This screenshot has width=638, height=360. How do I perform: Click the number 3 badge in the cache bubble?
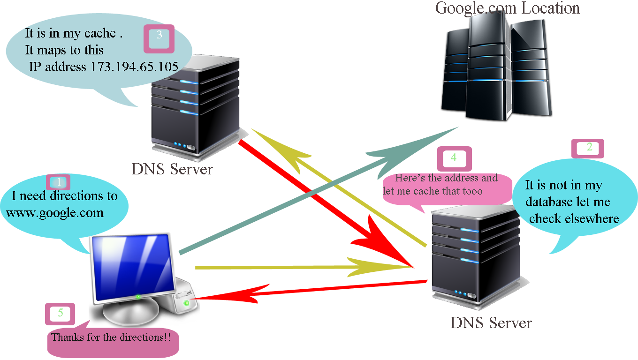point(159,36)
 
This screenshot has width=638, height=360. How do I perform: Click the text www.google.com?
point(54,213)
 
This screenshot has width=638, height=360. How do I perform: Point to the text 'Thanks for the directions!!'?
point(111,337)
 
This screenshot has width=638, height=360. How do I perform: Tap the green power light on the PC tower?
point(187,304)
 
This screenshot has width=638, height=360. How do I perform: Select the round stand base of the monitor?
point(131,313)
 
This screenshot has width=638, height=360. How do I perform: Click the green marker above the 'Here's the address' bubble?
point(454,158)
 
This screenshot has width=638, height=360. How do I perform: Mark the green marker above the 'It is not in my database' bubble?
point(589,147)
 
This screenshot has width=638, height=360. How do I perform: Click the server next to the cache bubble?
point(195,105)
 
